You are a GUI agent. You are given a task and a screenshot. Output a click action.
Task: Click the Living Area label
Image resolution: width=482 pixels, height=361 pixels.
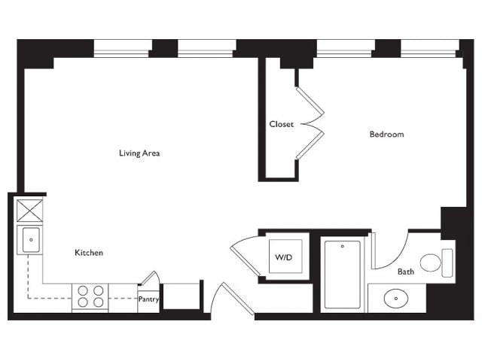pos(139,153)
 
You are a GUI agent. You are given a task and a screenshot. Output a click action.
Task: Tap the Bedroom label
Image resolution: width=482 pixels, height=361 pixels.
pos(386,134)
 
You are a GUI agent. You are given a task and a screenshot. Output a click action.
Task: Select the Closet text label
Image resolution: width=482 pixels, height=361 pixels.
pos(281,124)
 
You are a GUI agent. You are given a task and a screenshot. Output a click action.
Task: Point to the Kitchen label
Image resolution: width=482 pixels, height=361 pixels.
pos(89,253)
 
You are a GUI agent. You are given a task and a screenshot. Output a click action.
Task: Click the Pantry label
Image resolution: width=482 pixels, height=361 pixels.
pos(148,299)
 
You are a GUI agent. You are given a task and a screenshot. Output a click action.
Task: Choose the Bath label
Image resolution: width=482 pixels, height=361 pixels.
pos(406,272)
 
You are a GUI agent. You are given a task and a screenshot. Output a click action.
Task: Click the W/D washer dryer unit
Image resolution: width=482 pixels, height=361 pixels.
pos(285,256)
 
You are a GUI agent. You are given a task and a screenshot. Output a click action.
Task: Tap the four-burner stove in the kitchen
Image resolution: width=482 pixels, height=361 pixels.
pos(90,296)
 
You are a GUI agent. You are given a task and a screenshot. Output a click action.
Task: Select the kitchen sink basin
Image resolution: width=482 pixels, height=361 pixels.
pos(31,240)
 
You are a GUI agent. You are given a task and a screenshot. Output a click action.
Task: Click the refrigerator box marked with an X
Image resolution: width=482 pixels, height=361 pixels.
pos(30,211)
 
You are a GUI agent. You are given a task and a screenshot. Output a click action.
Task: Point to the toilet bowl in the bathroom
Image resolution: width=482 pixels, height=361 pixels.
pos(430,262)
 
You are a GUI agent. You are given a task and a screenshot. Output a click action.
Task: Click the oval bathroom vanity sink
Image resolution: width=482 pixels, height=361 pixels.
pos(396,298)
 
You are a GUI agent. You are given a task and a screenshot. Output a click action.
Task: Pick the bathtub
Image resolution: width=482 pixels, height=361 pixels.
pos(343,275)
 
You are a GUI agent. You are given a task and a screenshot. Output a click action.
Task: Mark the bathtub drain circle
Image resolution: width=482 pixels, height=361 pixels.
pos(343,246)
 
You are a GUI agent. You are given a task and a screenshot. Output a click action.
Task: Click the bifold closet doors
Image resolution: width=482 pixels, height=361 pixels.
pos(310,123)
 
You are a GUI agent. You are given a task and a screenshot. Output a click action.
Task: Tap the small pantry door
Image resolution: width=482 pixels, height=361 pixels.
pos(151,278)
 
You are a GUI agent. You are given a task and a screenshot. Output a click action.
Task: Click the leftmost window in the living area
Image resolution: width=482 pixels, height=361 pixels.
pos(123,48)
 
